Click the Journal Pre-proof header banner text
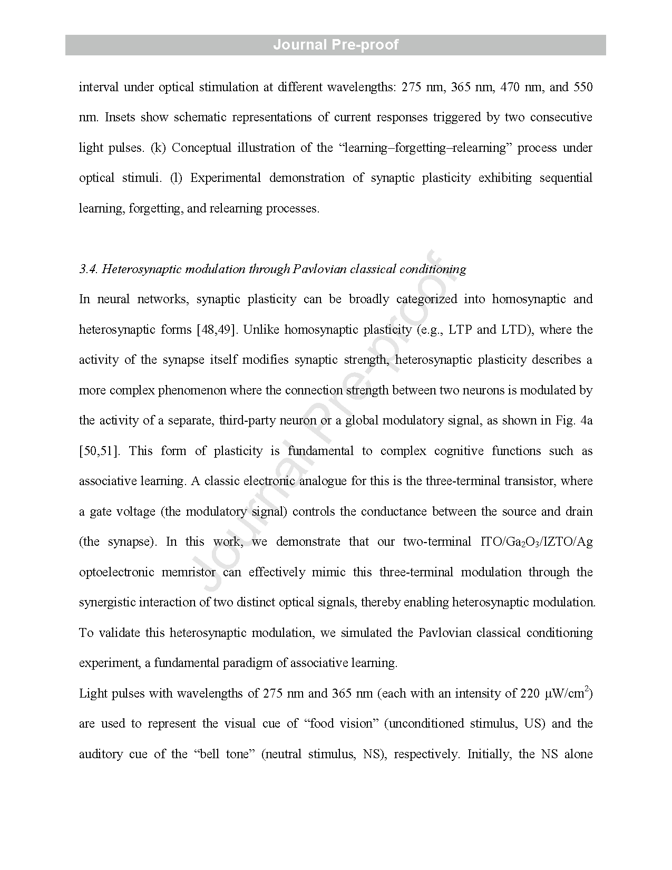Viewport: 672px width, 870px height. pos(336,45)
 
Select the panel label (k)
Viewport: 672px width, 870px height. pos(158,148)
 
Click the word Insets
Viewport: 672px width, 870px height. pos(121,117)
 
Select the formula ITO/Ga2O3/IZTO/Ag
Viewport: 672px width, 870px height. pos(537,543)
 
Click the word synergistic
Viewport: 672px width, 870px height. pos(107,603)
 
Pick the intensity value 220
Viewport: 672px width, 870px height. pos(530,694)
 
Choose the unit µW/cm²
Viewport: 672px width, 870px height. pos(569,693)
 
